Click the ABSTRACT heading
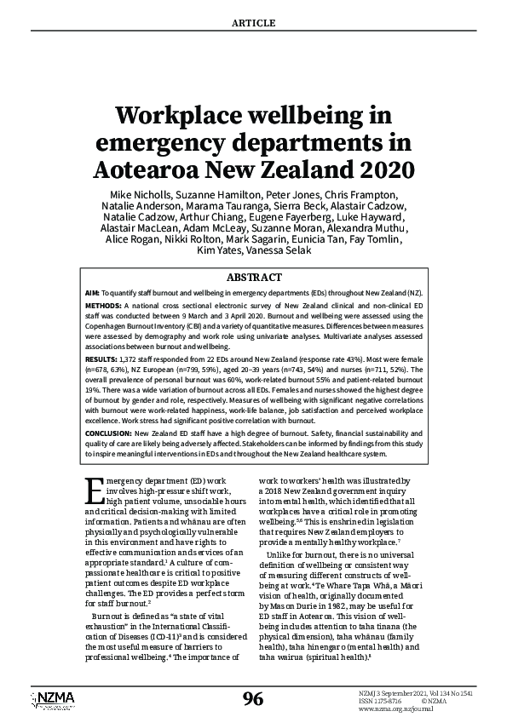253,278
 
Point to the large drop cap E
95,491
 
